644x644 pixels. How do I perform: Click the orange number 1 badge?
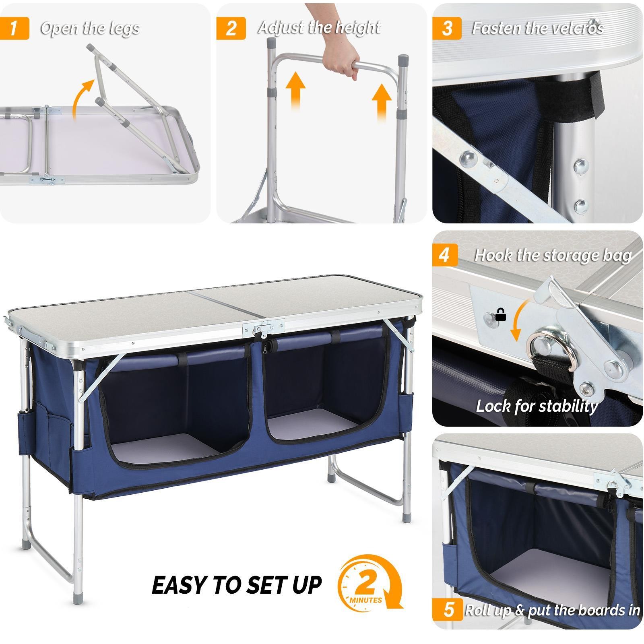(x=14, y=29)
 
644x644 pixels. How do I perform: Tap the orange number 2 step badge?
(x=231, y=29)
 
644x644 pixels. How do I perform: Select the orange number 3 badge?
(x=447, y=29)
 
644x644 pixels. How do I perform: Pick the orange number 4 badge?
(x=445, y=256)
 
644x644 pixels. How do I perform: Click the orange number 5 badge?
(x=448, y=610)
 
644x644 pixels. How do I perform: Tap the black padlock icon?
(x=500, y=315)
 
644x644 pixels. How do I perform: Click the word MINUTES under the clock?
(x=366, y=600)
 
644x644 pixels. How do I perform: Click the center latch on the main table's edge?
(x=264, y=328)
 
